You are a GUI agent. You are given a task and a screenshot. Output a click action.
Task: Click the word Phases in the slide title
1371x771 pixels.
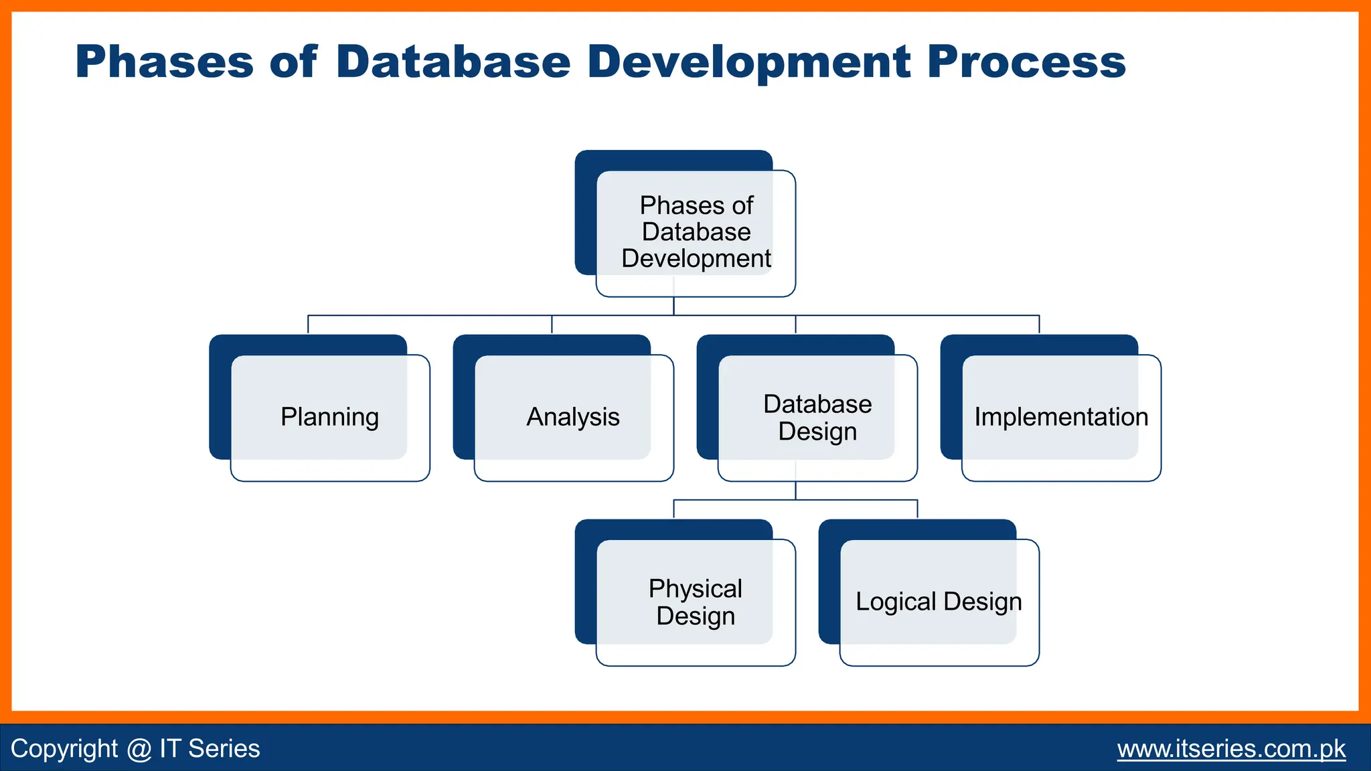click(164, 62)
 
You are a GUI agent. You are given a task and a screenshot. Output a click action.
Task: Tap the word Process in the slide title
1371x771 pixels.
click(1026, 62)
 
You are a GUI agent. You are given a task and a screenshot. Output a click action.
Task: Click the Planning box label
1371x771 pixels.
click(329, 417)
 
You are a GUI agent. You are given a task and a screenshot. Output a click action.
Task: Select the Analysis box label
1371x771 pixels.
click(573, 417)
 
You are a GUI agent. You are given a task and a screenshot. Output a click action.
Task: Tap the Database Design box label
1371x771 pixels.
click(817, 418)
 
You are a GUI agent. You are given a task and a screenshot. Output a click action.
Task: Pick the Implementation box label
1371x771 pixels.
click(1061, 417)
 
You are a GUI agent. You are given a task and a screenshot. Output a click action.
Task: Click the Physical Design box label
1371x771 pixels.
click(696, 602)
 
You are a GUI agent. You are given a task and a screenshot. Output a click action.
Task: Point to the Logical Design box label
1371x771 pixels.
click(939, 602)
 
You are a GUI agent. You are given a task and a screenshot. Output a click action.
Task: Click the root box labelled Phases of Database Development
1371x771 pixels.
click(696, 232)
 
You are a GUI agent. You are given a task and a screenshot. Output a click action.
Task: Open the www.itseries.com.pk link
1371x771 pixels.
click(1231, 748)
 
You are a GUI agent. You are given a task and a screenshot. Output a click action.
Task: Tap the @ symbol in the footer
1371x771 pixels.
click(139, 749)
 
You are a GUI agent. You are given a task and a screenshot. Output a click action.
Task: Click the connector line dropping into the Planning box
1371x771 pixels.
click(308, 324)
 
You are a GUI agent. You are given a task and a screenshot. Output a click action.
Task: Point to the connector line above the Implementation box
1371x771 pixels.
click(1039, 324)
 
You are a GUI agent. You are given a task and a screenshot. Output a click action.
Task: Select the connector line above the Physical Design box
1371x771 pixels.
click(673, 509)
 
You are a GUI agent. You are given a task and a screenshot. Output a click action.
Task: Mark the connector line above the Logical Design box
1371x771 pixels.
click(917, 509)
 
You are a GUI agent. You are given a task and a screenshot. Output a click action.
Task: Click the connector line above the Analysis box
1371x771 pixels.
click(552, 324)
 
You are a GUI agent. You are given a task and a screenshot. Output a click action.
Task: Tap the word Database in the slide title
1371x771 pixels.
click(453, 62)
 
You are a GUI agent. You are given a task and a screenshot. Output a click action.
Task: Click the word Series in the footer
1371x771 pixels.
click(224, 748)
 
